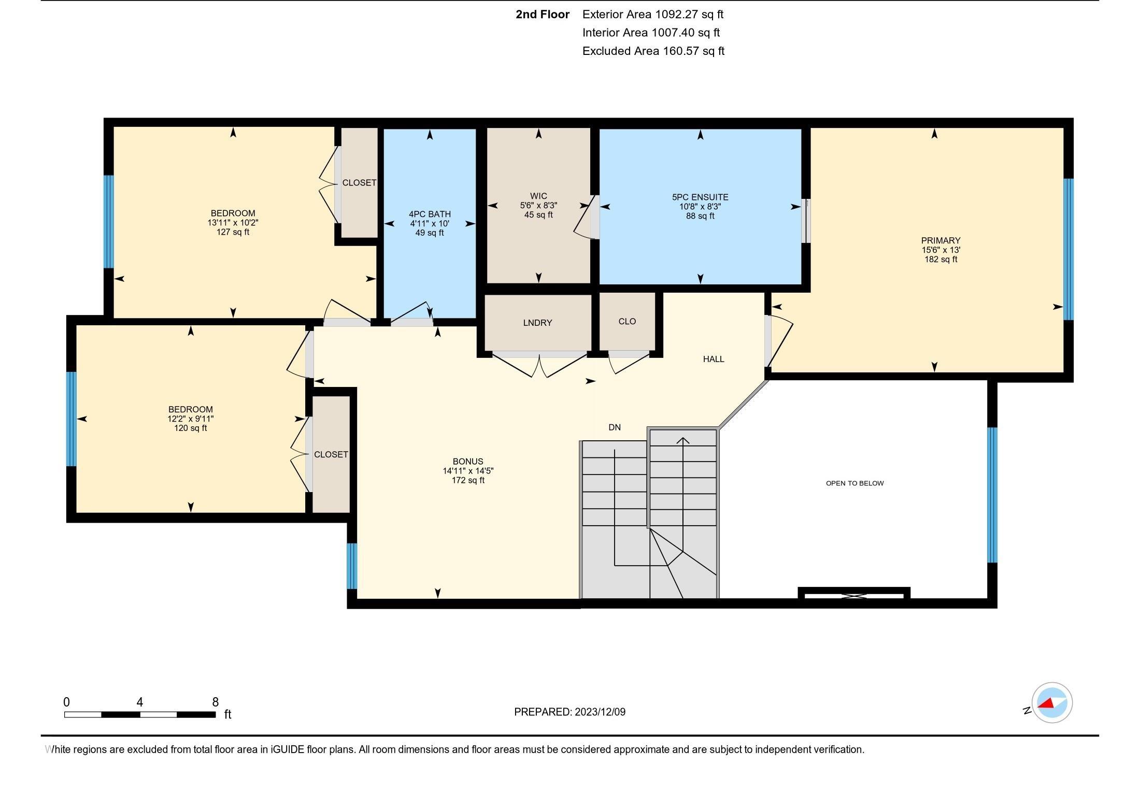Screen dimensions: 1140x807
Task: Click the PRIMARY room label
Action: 940,240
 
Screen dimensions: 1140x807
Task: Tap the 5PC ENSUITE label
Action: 700,197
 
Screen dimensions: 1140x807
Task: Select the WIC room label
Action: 538,196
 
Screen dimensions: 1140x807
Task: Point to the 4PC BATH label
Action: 430,214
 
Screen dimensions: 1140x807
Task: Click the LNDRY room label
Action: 537,323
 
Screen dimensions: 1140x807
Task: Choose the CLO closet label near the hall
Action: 627,322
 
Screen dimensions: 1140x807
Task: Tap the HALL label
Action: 714,359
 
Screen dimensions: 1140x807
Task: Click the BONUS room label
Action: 468,462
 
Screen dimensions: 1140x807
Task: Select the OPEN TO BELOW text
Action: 854,483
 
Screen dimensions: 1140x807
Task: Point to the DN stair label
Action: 615,427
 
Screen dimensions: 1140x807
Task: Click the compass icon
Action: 1052,703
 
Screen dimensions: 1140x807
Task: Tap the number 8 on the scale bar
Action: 216,702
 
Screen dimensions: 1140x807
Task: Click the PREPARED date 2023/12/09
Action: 600,712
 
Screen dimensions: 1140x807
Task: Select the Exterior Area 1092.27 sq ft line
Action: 653,15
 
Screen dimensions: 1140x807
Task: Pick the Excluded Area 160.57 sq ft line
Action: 653,51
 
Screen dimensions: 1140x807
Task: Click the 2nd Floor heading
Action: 543,15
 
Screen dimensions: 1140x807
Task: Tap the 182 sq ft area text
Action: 940,259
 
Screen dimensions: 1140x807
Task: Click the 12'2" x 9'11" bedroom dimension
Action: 191,419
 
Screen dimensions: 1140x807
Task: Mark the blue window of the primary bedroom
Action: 1068,249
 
